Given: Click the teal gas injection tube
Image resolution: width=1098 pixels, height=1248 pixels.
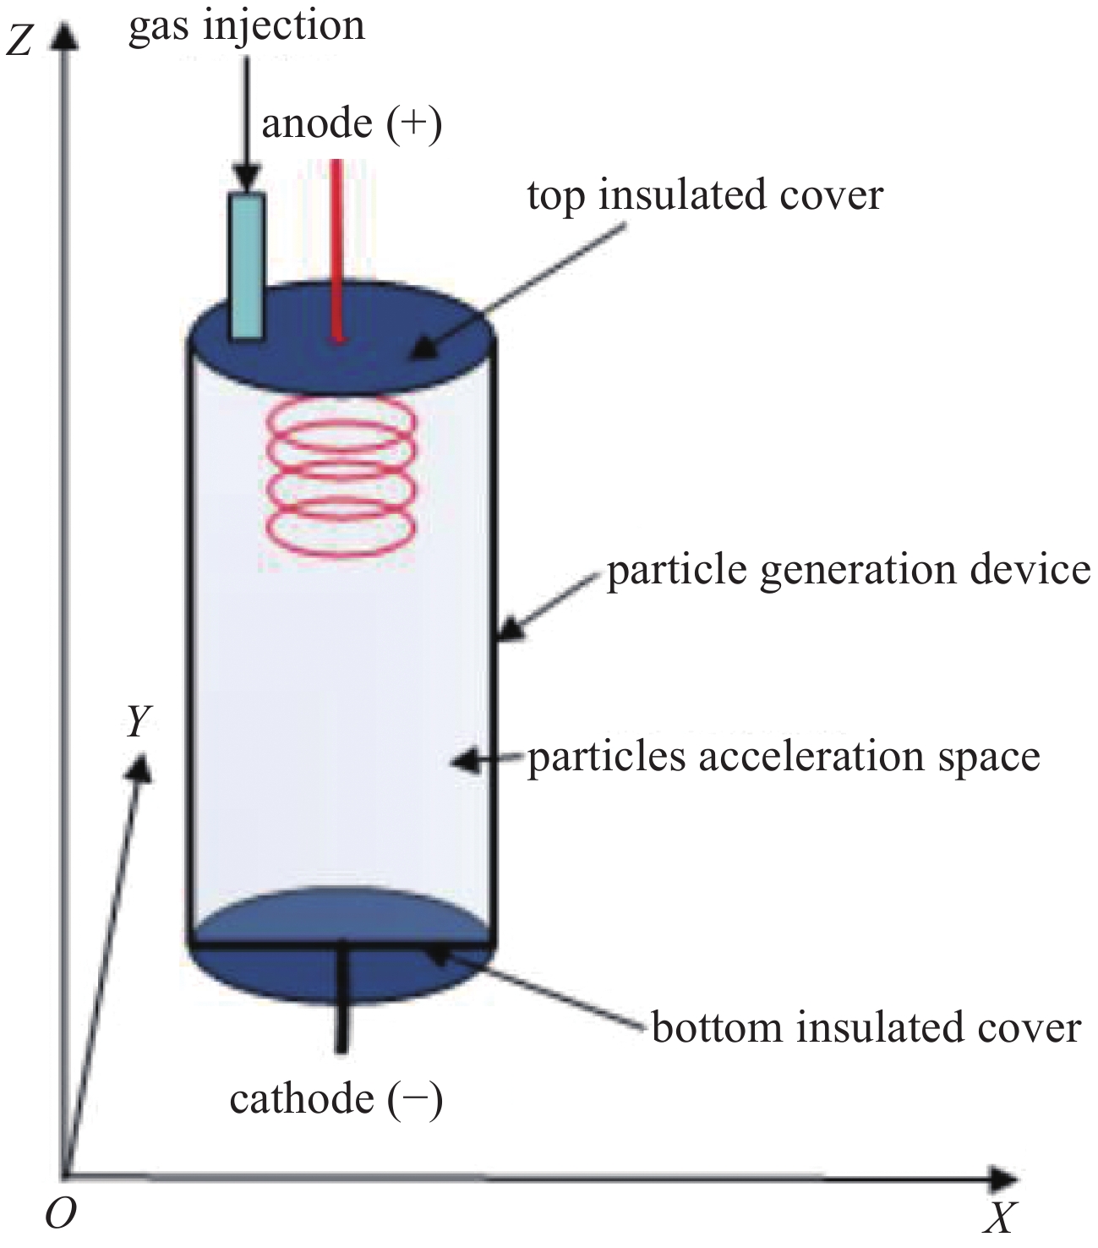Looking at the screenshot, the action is (247, 265).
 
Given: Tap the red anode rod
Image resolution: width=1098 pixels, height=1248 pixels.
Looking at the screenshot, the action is (336, 249).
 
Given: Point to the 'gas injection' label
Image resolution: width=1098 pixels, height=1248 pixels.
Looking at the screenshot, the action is (246, 28).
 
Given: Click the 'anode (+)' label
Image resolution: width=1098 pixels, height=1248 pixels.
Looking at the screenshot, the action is (352, 124).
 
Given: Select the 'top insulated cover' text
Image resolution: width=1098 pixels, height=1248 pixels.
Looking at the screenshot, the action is (705, 197).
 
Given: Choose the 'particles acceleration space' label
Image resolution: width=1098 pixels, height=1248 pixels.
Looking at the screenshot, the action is (784, 758).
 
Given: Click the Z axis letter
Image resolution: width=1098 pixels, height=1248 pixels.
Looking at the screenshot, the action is (19, 44).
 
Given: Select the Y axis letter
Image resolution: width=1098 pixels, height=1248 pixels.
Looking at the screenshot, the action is (139, 721).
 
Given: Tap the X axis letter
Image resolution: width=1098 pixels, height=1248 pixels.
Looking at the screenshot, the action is (999, 1218).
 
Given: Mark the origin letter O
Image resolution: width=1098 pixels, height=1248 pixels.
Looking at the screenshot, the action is (60, 1212).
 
